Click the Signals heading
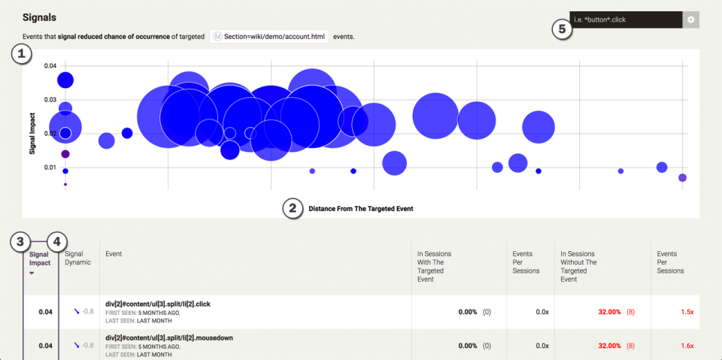coord(39,17)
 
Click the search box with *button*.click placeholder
coord(626,20)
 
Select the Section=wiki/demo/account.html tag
coord(269,37)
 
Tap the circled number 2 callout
coord(293,208)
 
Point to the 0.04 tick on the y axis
coord(50,66)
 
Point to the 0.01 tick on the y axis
coord(50,168)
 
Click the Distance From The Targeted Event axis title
coord(361,208)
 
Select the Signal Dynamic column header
coord(78,258)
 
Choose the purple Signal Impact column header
coord(40,259)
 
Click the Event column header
coord(114,254)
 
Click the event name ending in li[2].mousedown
coord(169,338)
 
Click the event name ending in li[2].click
coord(158,304)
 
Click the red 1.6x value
coord(687,346)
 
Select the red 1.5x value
coord(687,312)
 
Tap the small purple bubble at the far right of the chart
coord(682,177)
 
